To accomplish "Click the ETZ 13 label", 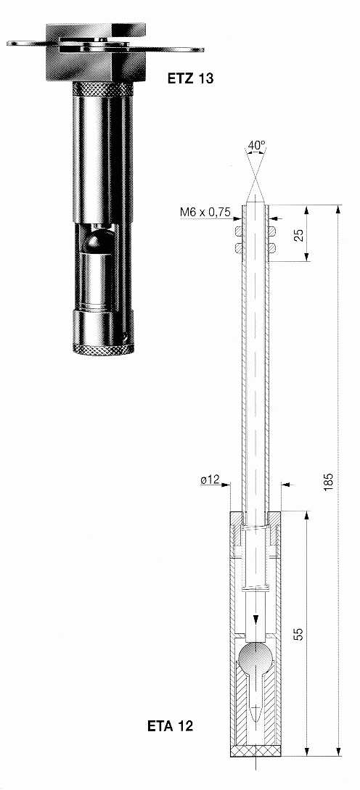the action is pos(191,78).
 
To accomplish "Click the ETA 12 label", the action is pos(170,726).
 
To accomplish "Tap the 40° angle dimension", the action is pos(256,145).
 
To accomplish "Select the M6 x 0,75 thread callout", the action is pos(205,213).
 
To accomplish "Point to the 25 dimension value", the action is pos(299,235).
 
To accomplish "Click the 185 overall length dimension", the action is pos(329,482).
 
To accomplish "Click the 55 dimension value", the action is pos(299,634).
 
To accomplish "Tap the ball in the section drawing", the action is pos(255,657).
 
